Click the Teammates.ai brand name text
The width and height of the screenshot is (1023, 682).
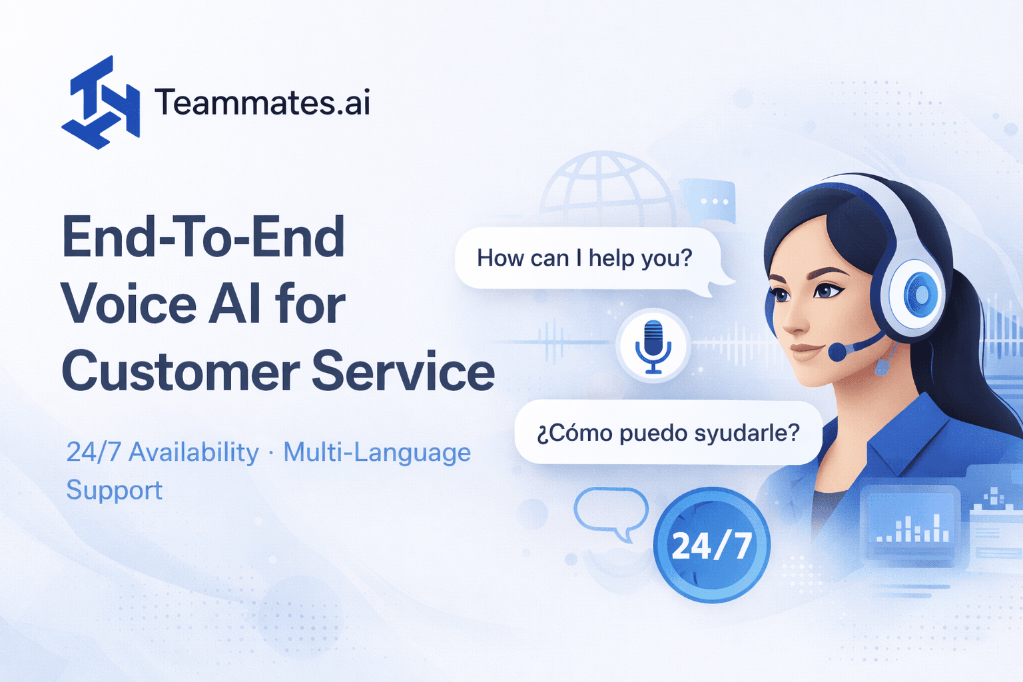pos(262,103)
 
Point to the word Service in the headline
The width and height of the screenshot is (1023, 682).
pos(404,372)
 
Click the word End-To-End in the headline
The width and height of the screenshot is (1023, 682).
pos(204,238)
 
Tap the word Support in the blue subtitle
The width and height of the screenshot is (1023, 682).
pos(115,491)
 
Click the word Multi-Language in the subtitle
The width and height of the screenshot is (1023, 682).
pos(377,453)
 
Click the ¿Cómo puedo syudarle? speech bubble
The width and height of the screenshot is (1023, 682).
pos(668,433)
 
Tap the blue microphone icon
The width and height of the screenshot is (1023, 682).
pos(653,346)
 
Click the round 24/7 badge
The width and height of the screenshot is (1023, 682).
pos(711,545)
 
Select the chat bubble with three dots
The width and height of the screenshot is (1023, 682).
pos(711,200)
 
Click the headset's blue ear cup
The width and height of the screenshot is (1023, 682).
pos(918,294)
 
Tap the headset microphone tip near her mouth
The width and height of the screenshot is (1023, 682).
pos(837,351)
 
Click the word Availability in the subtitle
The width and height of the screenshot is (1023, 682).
pos(194,453)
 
